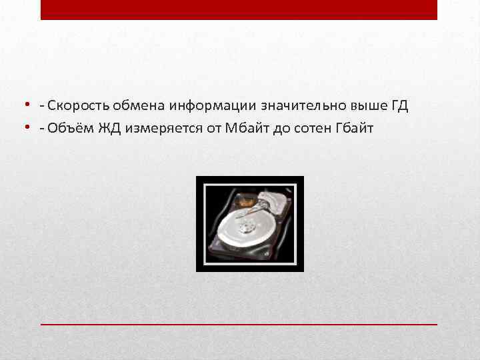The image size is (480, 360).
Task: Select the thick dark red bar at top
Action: click(x=239, y=9)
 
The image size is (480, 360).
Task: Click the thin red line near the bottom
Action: click(x=239, y=323)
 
